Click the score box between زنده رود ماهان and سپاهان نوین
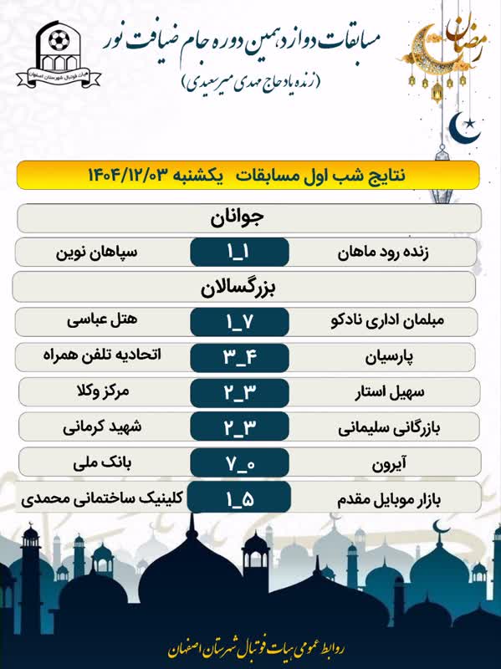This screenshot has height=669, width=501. point(239,253)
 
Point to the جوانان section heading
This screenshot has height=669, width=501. point(248,217)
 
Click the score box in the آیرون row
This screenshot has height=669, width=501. point(239,463)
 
